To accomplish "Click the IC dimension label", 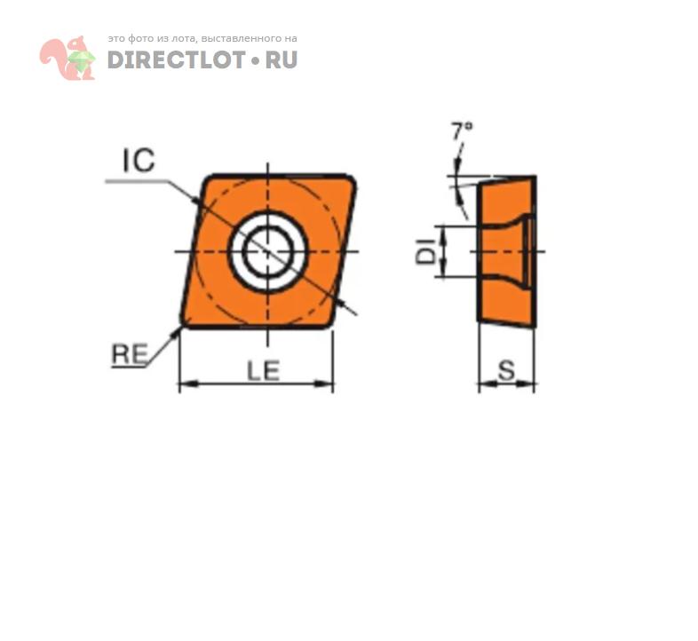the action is [x=139, y=160].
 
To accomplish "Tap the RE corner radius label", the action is [x=130, y=354].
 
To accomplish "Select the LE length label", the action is [x=264, y=371].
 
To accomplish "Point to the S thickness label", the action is [x=506, y=370].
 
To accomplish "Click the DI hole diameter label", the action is [x=425, y=251].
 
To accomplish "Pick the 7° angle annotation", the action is [x=462, y=131].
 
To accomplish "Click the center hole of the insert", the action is [x=267, y=251].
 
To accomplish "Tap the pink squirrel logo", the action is [x=67, y=58].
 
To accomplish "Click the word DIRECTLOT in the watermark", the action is [x=177, y=59].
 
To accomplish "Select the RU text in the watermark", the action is [x=282, y=59].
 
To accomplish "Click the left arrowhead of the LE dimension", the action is [x=188, y=384].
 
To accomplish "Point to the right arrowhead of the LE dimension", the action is [x=324, y=384].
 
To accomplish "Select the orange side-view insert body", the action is [x=506, y=251].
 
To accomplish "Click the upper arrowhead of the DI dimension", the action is [x=443, y=234].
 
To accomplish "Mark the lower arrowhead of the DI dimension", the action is [x=443, y=269].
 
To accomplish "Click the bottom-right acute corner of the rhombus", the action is [x=329, y=325].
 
